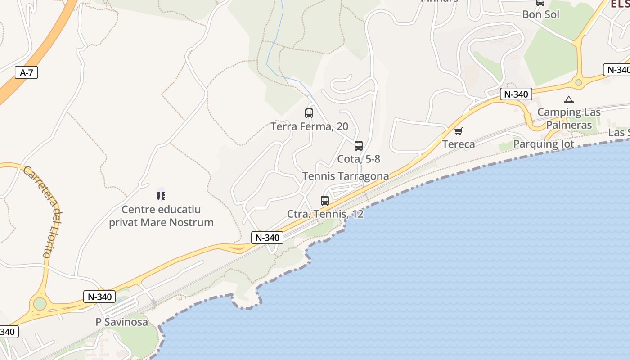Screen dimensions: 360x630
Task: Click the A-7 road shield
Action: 27,72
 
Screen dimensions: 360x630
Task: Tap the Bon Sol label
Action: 540,14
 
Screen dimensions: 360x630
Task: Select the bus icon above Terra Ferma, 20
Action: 309,113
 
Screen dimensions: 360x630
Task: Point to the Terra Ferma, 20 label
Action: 310,126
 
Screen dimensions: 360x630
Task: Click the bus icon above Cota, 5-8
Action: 359,146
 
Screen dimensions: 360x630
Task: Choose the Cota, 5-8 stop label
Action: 359,159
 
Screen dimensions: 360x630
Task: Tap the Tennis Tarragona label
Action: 346,176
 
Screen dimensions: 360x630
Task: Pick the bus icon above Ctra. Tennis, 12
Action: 325,201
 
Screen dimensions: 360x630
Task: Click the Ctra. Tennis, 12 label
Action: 325,214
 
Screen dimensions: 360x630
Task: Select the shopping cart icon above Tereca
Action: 458,131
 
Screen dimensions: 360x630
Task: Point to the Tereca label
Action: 459,144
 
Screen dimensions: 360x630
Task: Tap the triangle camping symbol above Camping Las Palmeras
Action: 569,99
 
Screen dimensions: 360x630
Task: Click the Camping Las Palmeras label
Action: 569,118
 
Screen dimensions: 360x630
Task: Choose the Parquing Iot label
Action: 544,144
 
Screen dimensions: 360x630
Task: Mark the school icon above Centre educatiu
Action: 161,196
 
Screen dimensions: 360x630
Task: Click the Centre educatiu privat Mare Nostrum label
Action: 161,216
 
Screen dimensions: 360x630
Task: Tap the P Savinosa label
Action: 121,322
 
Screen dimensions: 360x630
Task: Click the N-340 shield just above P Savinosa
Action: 99,297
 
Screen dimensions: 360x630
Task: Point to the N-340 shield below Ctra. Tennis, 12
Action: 267,238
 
